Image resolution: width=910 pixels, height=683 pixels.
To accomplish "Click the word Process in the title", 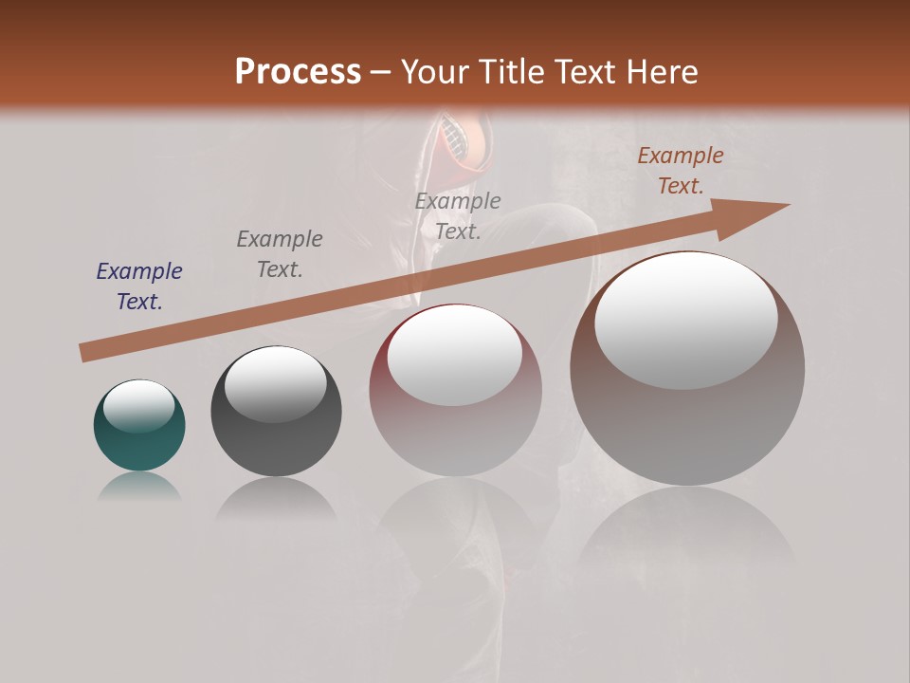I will click(298, 72).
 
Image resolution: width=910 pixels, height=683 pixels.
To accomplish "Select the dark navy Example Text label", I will click(139, 286).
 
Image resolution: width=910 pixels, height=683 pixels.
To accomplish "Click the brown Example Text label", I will click(680, 171).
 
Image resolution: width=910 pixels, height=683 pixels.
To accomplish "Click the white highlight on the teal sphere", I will click(138, 405).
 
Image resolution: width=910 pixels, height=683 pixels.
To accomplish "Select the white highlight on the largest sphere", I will click(685, 321).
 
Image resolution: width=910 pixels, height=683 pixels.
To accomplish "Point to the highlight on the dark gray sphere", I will click(275, 384).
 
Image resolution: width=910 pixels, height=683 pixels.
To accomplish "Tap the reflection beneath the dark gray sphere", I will click(276, 499).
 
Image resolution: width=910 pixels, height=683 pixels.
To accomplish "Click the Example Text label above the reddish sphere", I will click(458, 215).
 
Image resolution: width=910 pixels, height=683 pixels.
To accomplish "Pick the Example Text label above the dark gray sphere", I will click(280, 253).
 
